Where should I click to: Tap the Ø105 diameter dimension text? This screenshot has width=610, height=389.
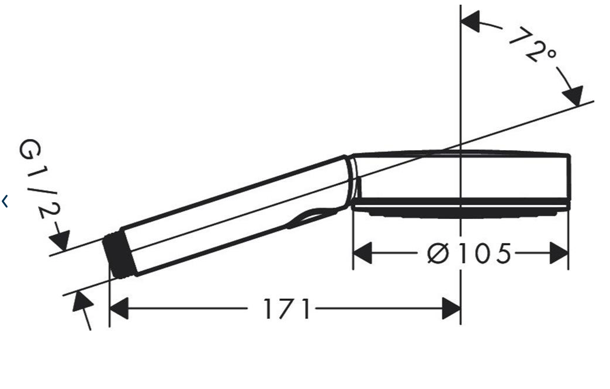(469, 253)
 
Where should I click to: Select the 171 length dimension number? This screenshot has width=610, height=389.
(287, 309)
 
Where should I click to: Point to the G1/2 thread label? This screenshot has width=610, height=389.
(39, 178)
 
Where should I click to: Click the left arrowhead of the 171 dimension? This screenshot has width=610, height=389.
(119, 309)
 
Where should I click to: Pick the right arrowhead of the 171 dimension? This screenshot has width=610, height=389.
(451, 309)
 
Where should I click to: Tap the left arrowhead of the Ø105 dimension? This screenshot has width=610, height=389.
(362, 253)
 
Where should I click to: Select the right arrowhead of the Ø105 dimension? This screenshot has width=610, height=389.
(559, 253)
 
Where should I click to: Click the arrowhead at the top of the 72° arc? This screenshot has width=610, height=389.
(470, 22)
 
